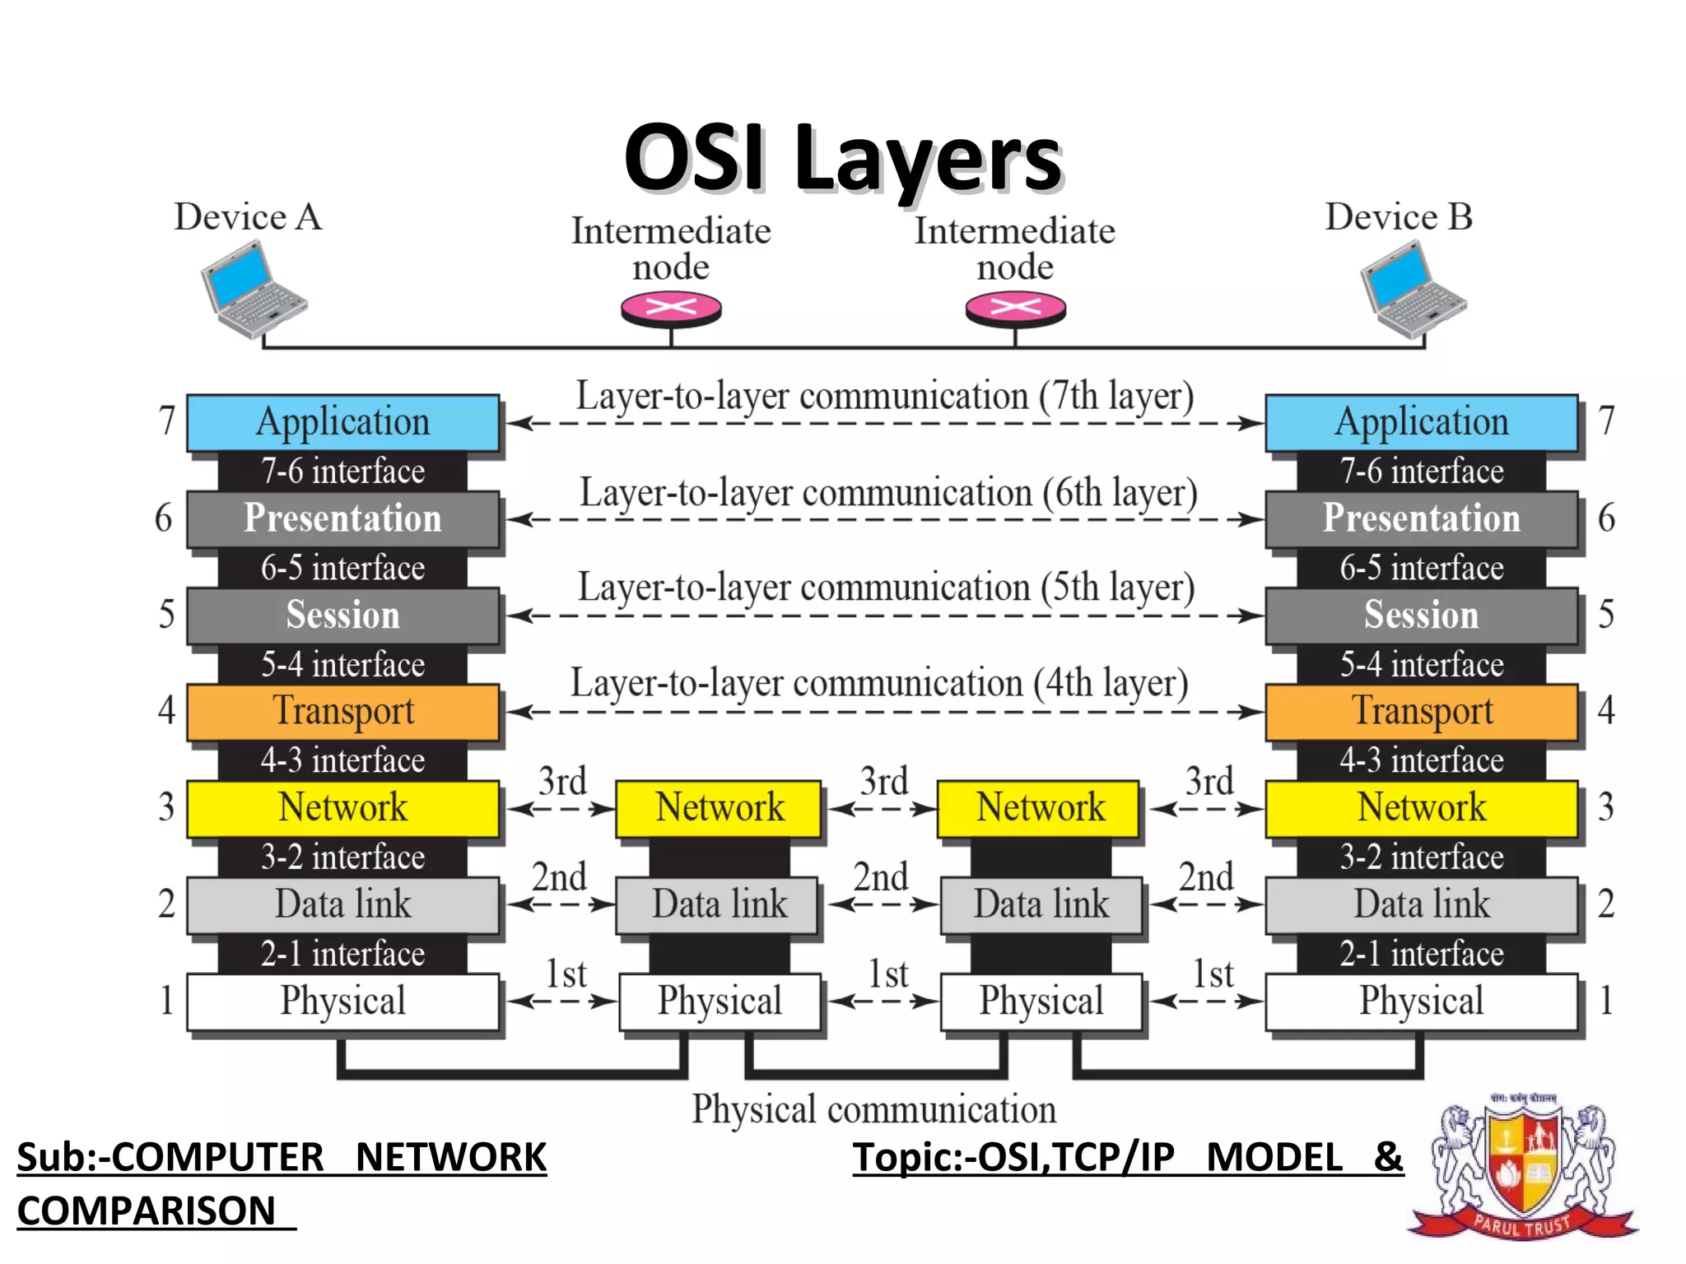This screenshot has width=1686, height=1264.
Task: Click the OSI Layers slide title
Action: pos(843,158)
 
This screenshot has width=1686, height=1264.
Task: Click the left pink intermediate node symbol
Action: pos(671,309)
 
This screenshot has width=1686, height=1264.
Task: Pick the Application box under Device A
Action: pos(342,422)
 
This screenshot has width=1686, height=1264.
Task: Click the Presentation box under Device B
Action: pos(1421,518)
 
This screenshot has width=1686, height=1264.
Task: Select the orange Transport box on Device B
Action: pos(1421,711)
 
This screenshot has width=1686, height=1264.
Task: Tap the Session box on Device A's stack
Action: pos(342,615)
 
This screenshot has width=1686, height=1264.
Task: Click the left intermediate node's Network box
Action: pos(719,807)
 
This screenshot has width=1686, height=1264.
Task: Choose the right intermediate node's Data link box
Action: pos(1041,904)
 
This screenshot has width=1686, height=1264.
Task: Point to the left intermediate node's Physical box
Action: pos(719,1001)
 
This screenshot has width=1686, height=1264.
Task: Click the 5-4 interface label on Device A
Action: pos(342,664)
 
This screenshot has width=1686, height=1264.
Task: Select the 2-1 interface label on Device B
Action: pos(1421,954)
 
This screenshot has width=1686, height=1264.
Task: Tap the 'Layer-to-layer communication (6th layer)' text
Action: pos(887,493)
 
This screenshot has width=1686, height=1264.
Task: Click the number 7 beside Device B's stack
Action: pos(1606,421)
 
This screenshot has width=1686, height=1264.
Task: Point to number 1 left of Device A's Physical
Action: pos(166,1001)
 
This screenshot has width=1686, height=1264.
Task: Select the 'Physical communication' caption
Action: pos(873,1109)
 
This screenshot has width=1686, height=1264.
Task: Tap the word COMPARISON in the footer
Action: pos(147,1211)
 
